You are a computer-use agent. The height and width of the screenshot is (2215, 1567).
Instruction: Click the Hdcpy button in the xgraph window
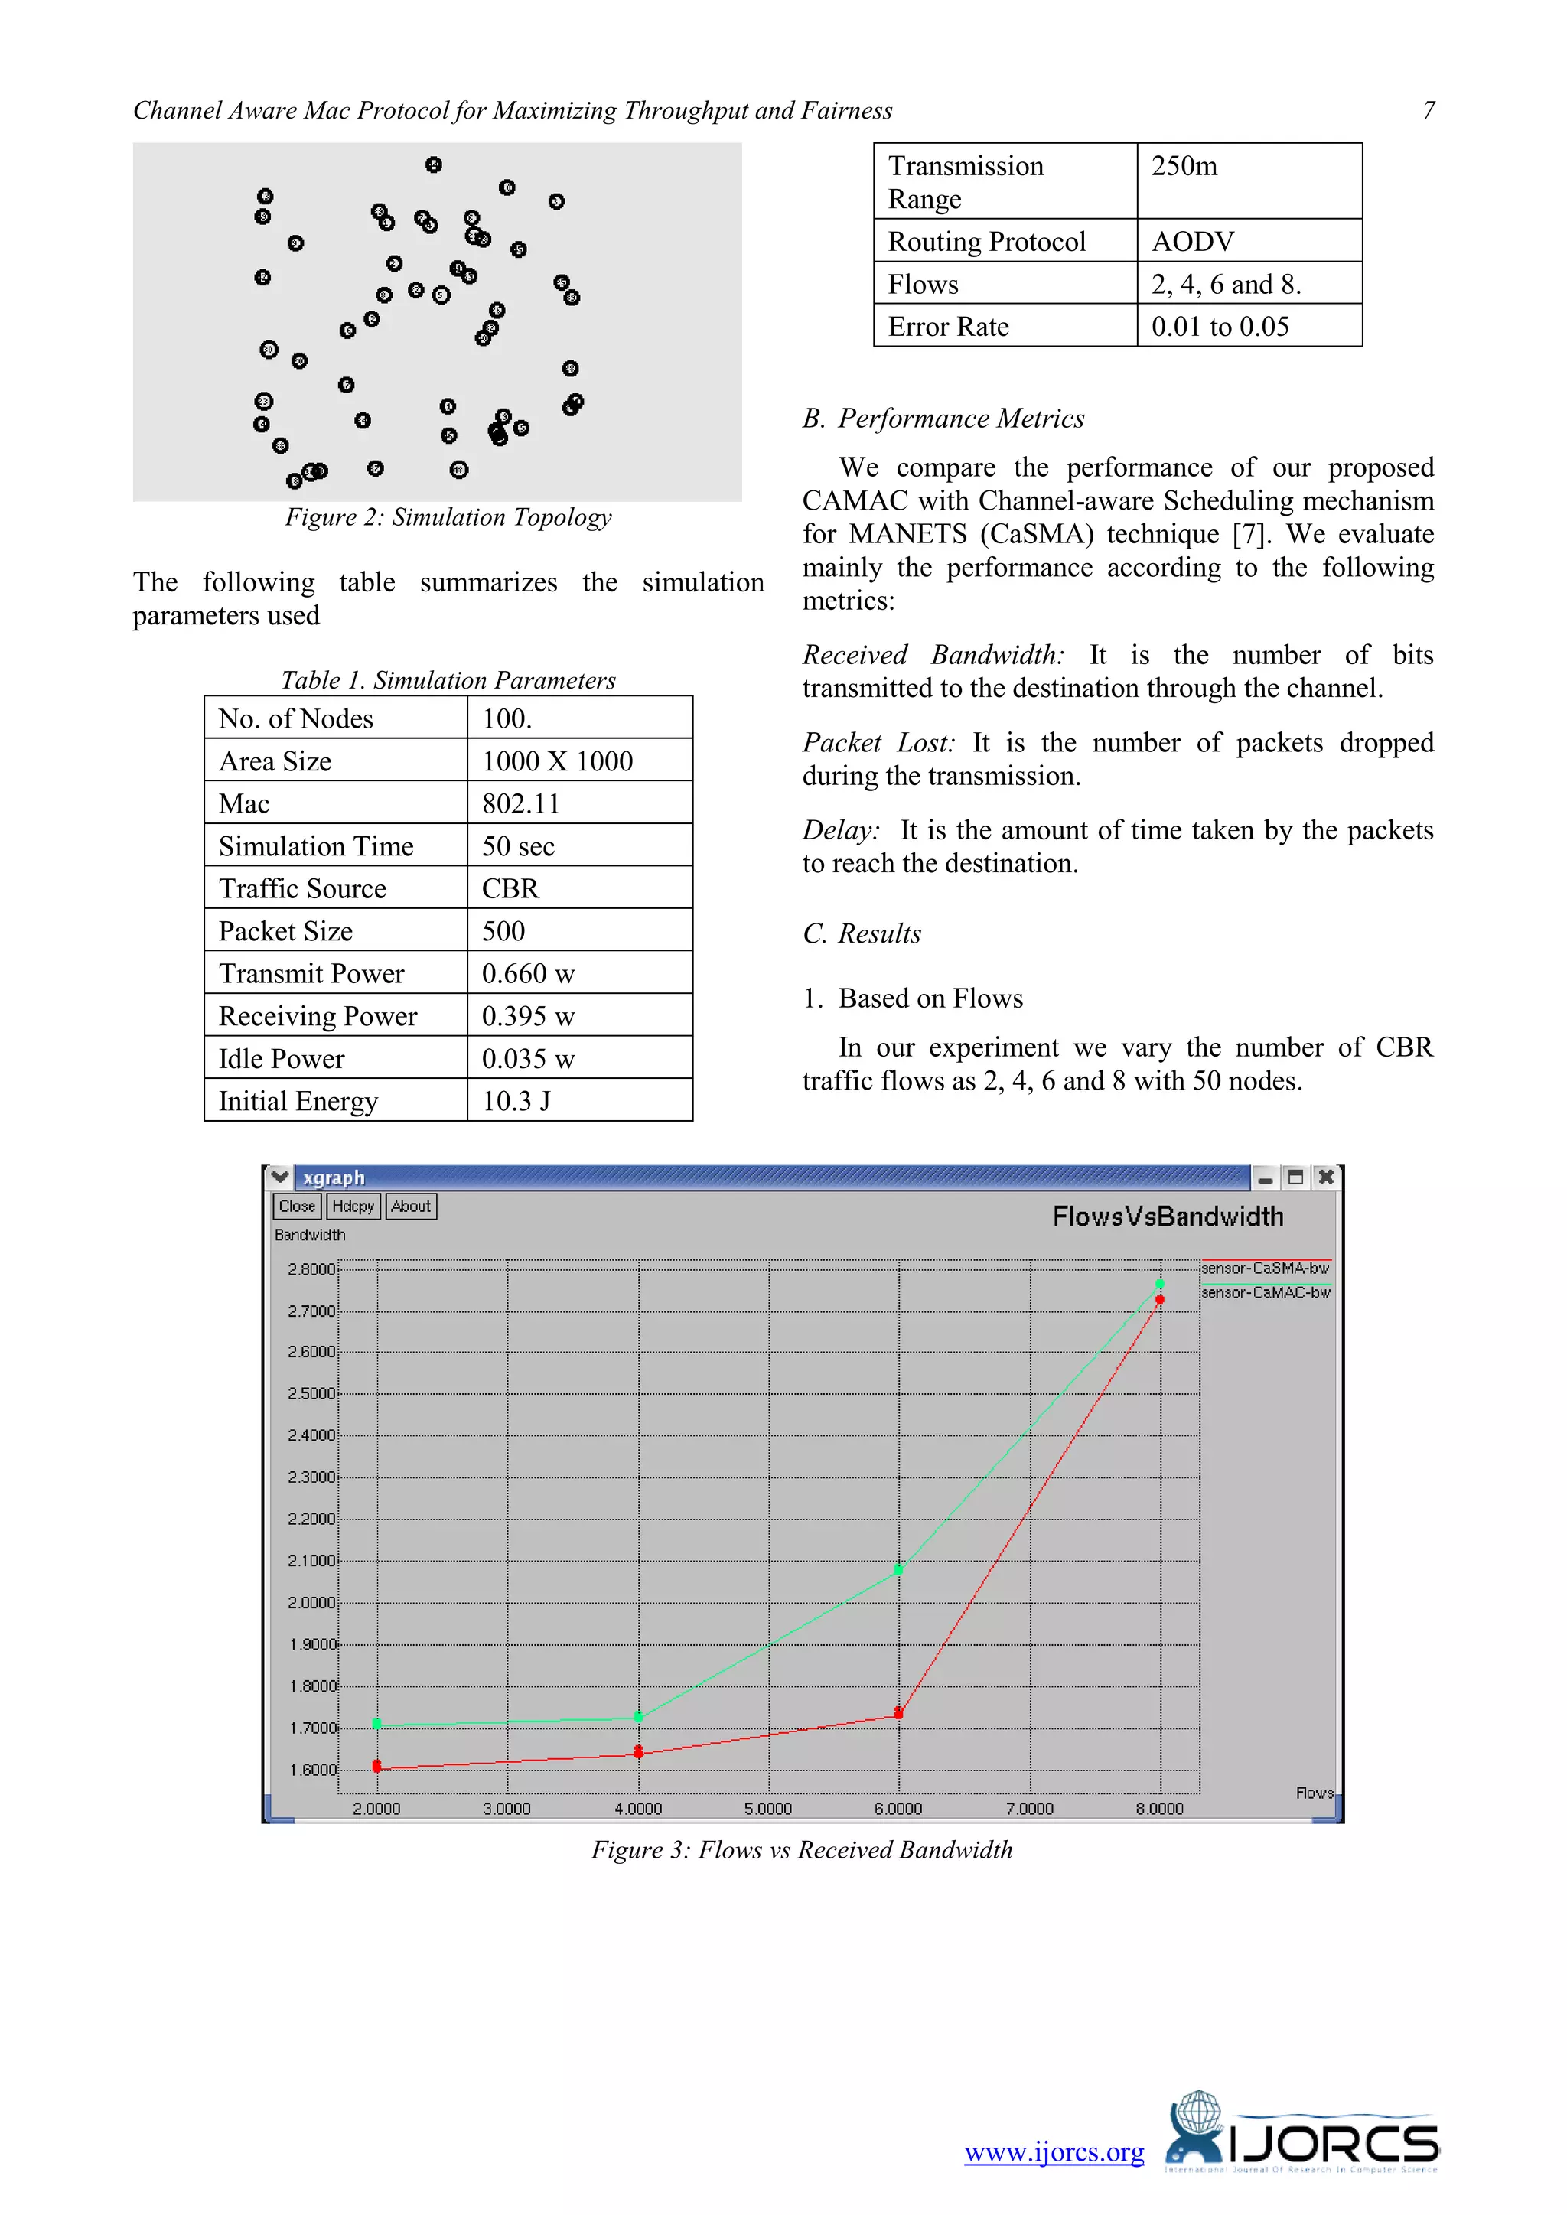point(353,1206)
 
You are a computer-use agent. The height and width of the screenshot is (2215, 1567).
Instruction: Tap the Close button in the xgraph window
point(296,1206)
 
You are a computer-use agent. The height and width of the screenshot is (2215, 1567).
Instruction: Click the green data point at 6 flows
point(898,1569)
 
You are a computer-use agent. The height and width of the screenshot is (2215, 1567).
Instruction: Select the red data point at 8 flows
point(1160,1299)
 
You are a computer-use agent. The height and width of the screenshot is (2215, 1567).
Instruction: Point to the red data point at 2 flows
point(377,1767)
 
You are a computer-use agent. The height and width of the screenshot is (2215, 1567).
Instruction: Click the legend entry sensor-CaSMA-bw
point(1265,1268)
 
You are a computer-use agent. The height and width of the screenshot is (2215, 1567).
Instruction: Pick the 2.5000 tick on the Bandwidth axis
point(311,1393)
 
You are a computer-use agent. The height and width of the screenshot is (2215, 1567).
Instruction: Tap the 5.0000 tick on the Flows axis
point(768,1808)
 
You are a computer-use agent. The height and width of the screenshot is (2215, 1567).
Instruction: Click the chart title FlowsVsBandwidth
point(1168,1217)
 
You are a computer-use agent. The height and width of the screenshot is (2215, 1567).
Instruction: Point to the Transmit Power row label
point(311,973)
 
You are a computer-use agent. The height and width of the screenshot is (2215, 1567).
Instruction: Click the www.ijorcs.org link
point(1054,2152)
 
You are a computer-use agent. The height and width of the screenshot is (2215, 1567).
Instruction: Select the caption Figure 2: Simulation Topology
point(448,517)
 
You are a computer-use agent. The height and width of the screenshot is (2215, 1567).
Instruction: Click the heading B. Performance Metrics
point(943,418)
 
